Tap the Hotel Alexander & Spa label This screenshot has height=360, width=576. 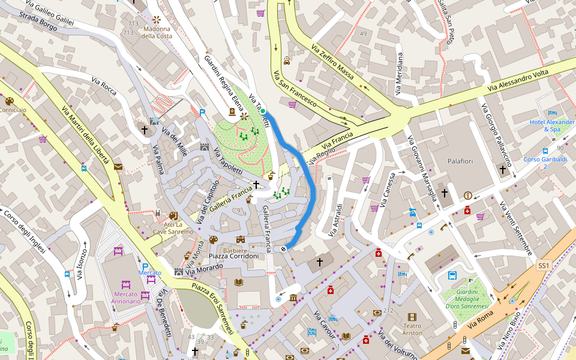[x=551, y=125]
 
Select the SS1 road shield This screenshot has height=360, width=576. [x=543, y=265]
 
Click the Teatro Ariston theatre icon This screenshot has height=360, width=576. [x=412, y=317]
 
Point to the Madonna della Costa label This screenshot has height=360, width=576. [x=157, y=32]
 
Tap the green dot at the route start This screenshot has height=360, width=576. [x=263, y=111]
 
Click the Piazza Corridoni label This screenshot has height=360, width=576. [x=233, y=256]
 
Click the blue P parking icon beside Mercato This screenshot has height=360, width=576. [x=145, y=266]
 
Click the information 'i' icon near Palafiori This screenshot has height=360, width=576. [x=467, y=195]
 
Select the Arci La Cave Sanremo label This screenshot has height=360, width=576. [x=173, y=228]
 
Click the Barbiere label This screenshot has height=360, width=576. [x=235, y=250]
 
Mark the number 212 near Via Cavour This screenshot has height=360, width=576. [x=388, y=310]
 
